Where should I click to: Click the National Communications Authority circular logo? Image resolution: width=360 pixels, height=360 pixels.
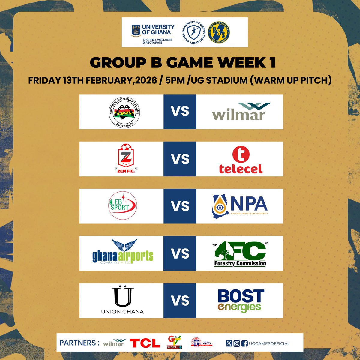pos(124,112)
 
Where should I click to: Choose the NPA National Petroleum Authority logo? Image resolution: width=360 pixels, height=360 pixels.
pos(240,206)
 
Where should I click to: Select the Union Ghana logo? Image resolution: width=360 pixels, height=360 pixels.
pos(122,300)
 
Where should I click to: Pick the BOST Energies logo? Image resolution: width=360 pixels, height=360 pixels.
pos(241,301)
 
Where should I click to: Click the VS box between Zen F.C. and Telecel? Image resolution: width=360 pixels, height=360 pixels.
pos(180,159)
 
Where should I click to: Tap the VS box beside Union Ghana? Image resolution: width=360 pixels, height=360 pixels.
pos(180,301)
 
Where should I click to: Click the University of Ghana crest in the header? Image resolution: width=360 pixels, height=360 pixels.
pos(136,30)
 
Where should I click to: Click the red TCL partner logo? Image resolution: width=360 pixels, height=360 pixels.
pos(145,343)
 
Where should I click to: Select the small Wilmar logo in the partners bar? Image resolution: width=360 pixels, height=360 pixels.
pos(114,343)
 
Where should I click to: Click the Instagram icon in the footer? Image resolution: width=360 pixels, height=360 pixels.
pos(236,343)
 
